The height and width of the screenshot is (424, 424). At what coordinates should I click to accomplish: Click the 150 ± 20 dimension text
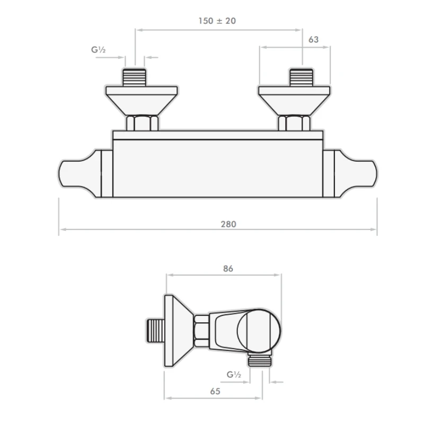[x=217, y=21]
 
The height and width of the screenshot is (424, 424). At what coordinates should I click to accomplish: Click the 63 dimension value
[x=313, y=39]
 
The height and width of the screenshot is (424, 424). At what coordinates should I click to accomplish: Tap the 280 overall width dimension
[x=228, y=224]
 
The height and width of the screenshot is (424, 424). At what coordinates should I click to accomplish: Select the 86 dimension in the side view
[x=228, y=268]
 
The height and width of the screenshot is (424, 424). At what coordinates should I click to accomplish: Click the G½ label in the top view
[x=99, y=50]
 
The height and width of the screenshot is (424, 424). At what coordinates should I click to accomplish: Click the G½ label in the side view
[x=234, y=375]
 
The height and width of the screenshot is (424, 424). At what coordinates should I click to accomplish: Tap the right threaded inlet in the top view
[x=302, y=77]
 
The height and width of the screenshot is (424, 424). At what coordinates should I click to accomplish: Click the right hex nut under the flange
[x=294, y=123]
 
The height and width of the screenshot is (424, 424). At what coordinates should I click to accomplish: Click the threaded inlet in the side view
[x=155, y=331]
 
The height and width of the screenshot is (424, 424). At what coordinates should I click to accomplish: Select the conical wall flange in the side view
[x=178, y=329]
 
